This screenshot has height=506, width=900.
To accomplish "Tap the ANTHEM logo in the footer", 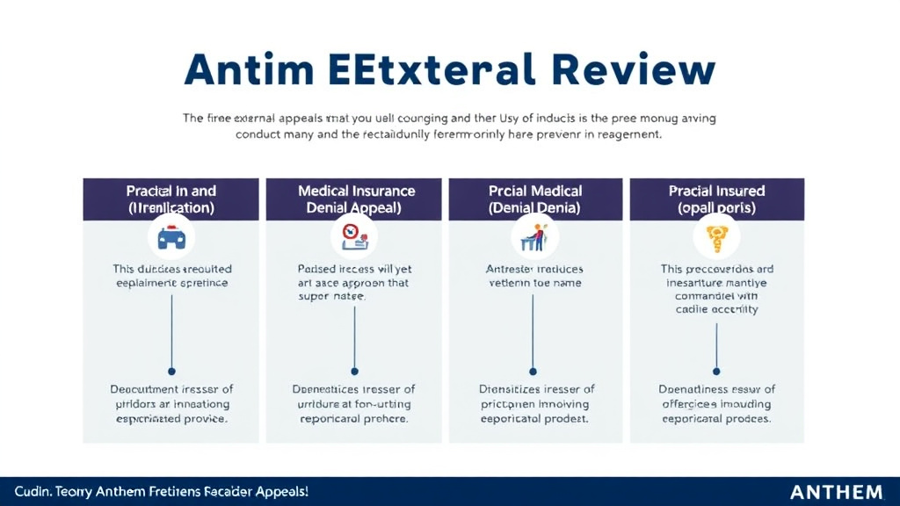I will [836, 492].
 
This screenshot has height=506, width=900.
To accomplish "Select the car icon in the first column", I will [171, 237].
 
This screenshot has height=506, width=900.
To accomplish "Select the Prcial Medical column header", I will [535, 199].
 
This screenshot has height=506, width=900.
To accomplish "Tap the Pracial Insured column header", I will [716, 199].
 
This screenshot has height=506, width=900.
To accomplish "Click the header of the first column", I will [171, 199].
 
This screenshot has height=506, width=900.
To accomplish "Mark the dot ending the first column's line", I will [171, 371].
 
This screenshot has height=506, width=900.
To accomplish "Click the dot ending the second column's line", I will [354, 371].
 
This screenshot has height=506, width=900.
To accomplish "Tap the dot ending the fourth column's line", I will [716, 371].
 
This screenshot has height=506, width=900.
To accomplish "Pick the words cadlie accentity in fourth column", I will [716, 309].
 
